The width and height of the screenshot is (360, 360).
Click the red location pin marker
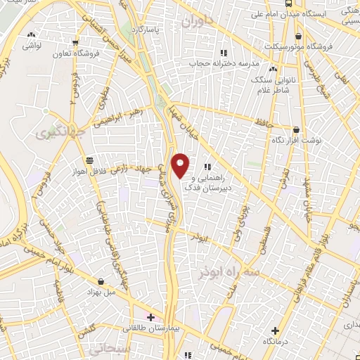(x=181, y=165)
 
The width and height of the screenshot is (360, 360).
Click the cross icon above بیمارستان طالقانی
(x=150, y=317)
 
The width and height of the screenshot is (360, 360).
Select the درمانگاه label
(x=275, y=340)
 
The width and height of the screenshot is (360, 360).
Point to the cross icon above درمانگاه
(x=275, y=330)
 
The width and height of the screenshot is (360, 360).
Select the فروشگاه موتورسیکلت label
(x=301, y=46)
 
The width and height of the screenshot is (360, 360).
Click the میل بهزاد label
(x=101, y=290)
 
